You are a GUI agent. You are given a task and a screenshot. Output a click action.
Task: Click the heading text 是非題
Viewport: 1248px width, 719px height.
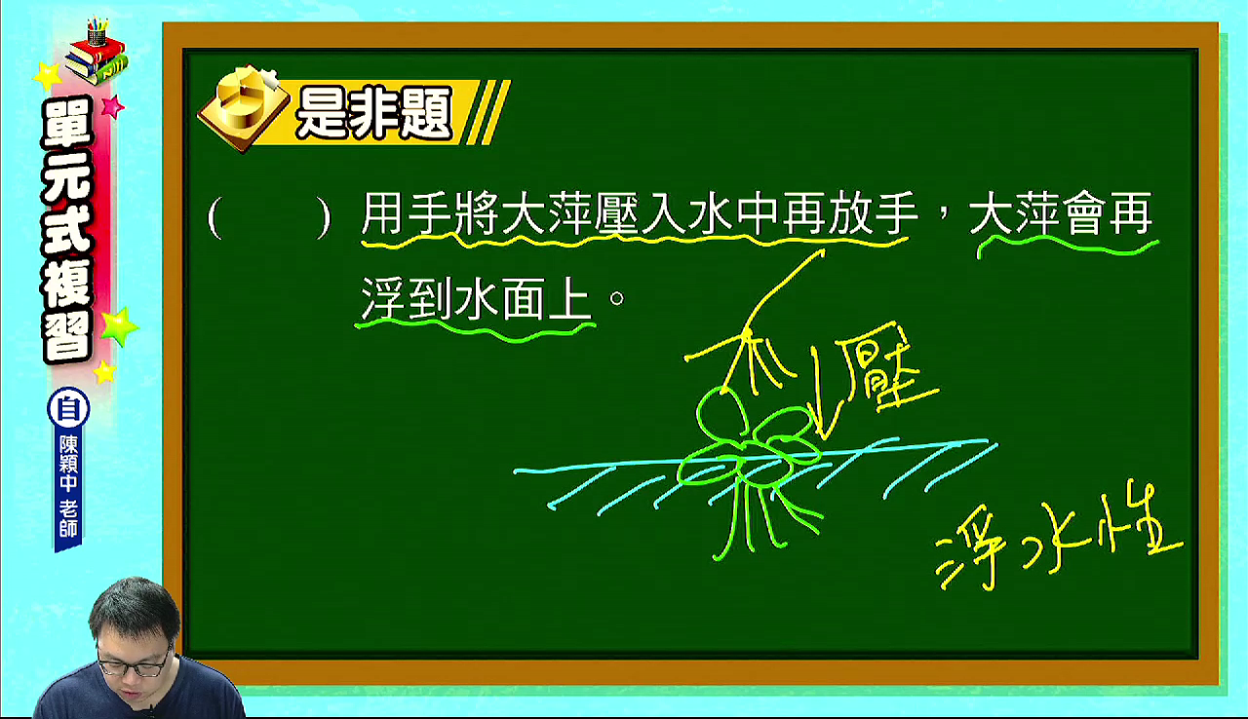click(373, 114)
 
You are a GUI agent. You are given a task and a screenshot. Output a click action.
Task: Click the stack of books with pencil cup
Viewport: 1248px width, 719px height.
click(97, 52)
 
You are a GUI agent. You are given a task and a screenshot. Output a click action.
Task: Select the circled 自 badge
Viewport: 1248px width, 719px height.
click(68, 408)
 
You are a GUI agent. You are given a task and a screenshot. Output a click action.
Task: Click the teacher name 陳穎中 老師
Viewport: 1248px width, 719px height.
click(68, 487)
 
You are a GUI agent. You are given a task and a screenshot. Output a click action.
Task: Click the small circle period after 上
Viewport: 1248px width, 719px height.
click(617, 298)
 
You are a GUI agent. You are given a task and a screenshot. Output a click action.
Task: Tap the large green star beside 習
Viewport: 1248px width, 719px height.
click(118, 327)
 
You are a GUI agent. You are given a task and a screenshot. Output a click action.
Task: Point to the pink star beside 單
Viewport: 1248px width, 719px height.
click(112, 106)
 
